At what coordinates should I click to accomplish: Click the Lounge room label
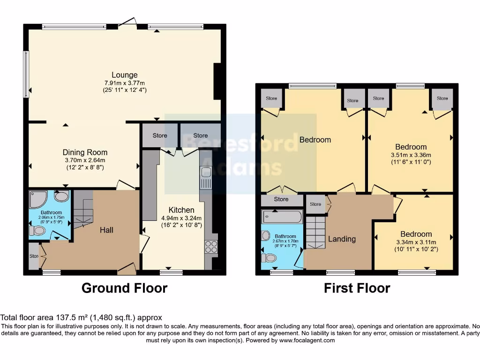tap(124, 75)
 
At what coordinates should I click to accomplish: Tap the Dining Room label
tap(85, 152)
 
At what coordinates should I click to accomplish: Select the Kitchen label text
tap(181, 210)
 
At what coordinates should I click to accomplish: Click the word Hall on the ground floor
tap(106, 230)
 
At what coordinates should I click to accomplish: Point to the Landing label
tap(342, 239)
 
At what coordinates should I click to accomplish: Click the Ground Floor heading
tap(124, 287)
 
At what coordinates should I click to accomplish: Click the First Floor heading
tap(357, 287)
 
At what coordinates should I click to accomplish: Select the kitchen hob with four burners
tap(210, 247)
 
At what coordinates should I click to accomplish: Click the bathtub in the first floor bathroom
tap(281, 217)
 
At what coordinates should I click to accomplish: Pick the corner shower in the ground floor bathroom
tap(37, 200)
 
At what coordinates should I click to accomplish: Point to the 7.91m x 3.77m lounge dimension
tap(124, 82)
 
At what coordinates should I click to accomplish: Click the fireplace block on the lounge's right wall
tap(218, 80)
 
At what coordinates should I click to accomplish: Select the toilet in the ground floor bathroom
tap(39, 230)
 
